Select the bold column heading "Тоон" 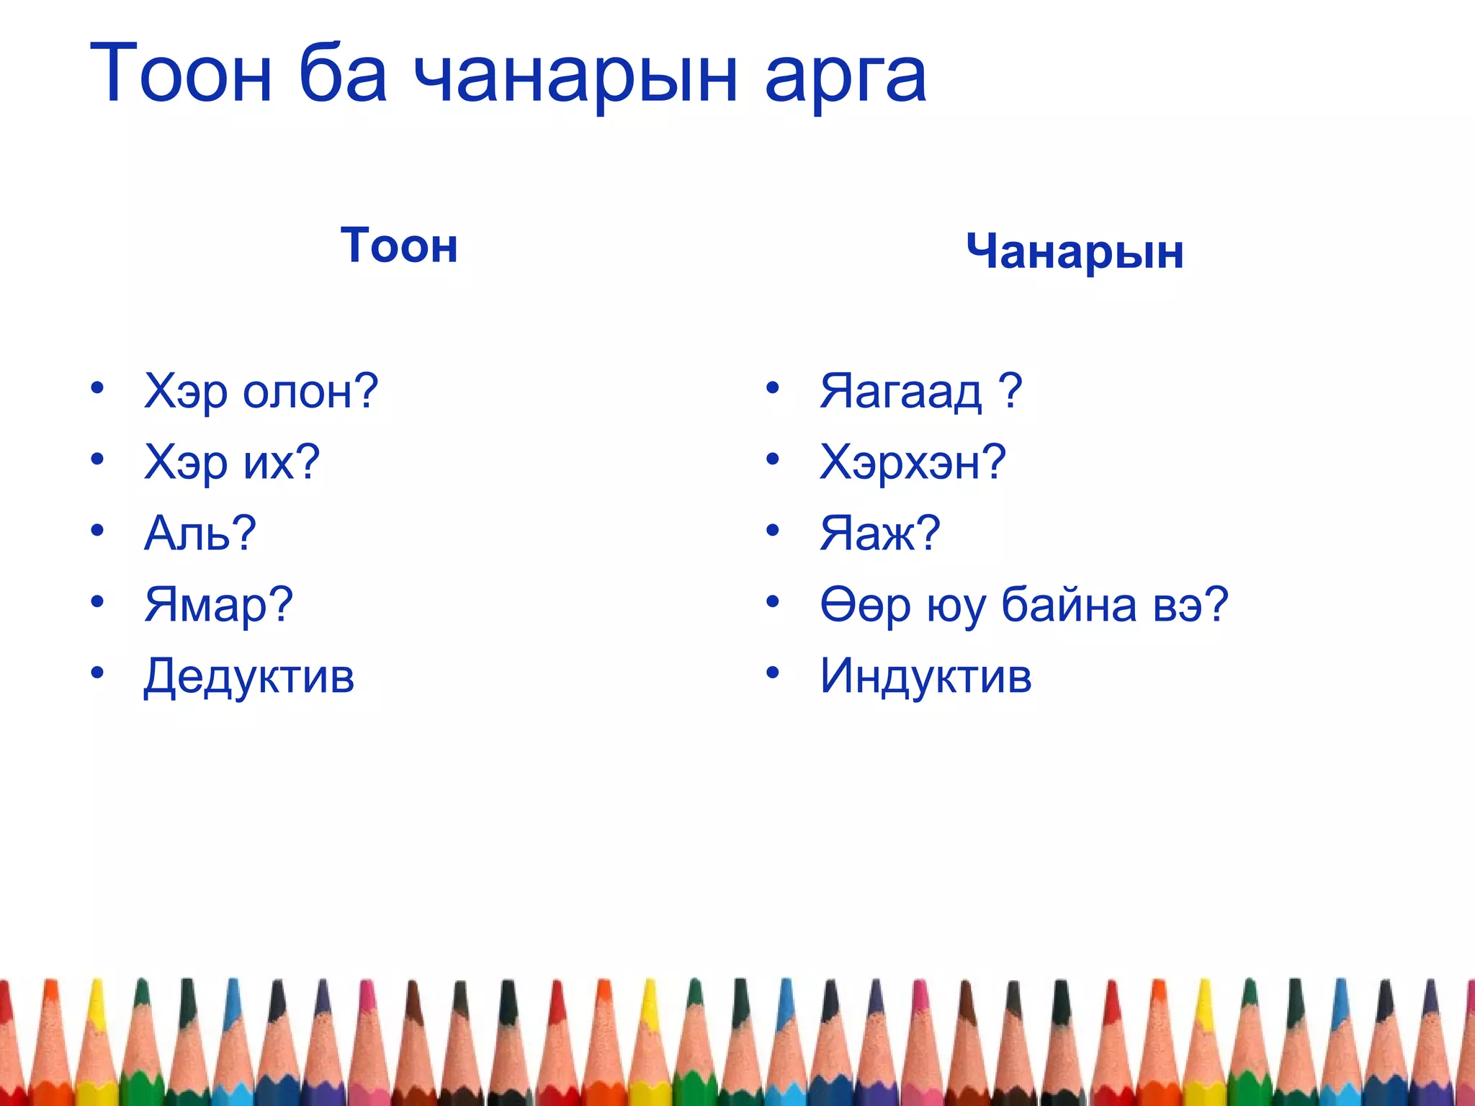(399, 246)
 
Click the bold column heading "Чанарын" (1075, 252)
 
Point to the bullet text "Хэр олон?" (261, 391)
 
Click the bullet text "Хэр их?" (232, 462)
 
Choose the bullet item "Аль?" (200, 533)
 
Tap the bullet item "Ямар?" (219, 604)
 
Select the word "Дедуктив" (249, 676)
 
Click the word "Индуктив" (925, 676)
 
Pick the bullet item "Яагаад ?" (920, 391)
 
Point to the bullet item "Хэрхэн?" (913, 462)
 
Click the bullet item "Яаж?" (880, 533)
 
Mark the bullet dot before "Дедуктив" (97, 673)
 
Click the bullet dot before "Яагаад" (773, 388)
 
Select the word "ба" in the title (343, 75)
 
